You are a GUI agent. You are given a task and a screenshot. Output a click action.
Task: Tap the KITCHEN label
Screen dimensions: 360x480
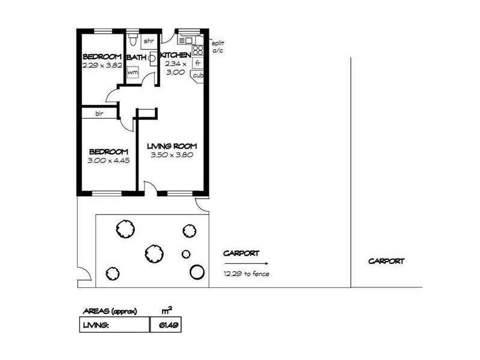point(176,55)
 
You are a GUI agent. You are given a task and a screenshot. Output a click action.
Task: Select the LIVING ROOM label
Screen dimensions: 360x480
point(172,146)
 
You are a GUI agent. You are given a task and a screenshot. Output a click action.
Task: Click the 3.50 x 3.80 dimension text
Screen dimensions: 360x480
point(172,154)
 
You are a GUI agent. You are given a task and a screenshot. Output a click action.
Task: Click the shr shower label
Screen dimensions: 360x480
point(148,41)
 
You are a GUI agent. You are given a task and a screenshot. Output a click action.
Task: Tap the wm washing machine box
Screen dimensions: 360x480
point(131,73)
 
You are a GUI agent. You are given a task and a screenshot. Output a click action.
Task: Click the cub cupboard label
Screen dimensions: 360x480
point(197,76)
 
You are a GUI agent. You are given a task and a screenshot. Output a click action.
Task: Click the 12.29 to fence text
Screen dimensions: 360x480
point(246,274)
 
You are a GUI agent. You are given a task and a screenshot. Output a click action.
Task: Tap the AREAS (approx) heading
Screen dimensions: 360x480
point(109,311)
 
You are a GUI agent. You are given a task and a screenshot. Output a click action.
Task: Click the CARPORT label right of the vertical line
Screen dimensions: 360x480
point(386,261)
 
